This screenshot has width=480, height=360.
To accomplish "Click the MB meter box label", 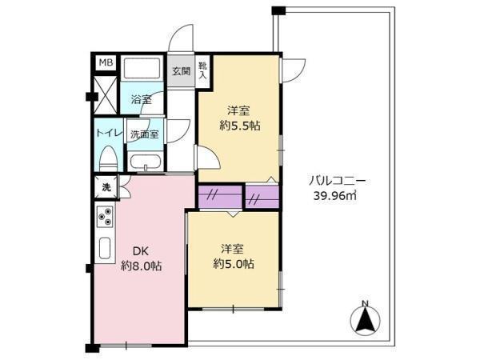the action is [106, 62].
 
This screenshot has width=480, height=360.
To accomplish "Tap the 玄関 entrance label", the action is [181, 71].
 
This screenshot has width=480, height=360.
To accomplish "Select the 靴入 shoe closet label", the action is [203, 70].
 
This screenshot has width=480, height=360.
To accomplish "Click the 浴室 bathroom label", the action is [141, 99].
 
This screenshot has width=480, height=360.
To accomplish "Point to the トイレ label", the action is [110, 133].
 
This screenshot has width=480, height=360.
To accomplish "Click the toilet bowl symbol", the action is [108, 158].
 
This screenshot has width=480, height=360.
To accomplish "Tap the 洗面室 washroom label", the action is [145, 134].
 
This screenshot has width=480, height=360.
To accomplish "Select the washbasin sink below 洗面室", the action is [145, 162].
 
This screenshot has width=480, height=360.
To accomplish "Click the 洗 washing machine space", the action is [106, 187].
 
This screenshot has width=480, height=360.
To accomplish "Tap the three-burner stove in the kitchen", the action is [105, 217].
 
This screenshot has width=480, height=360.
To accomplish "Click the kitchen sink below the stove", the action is [105, 248].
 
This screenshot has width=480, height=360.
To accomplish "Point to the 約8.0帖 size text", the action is [141, 266].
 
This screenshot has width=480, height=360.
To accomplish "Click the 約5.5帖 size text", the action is [240, 126].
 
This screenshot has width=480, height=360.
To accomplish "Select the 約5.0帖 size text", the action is [234, 263].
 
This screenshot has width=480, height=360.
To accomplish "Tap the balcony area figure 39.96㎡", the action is [335, 195].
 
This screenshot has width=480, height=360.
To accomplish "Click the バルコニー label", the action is [337, 182].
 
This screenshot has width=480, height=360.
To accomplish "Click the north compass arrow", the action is [366, 320].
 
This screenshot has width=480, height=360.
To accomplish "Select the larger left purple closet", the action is [221, 196].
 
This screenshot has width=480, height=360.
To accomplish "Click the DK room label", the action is [141, 251].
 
